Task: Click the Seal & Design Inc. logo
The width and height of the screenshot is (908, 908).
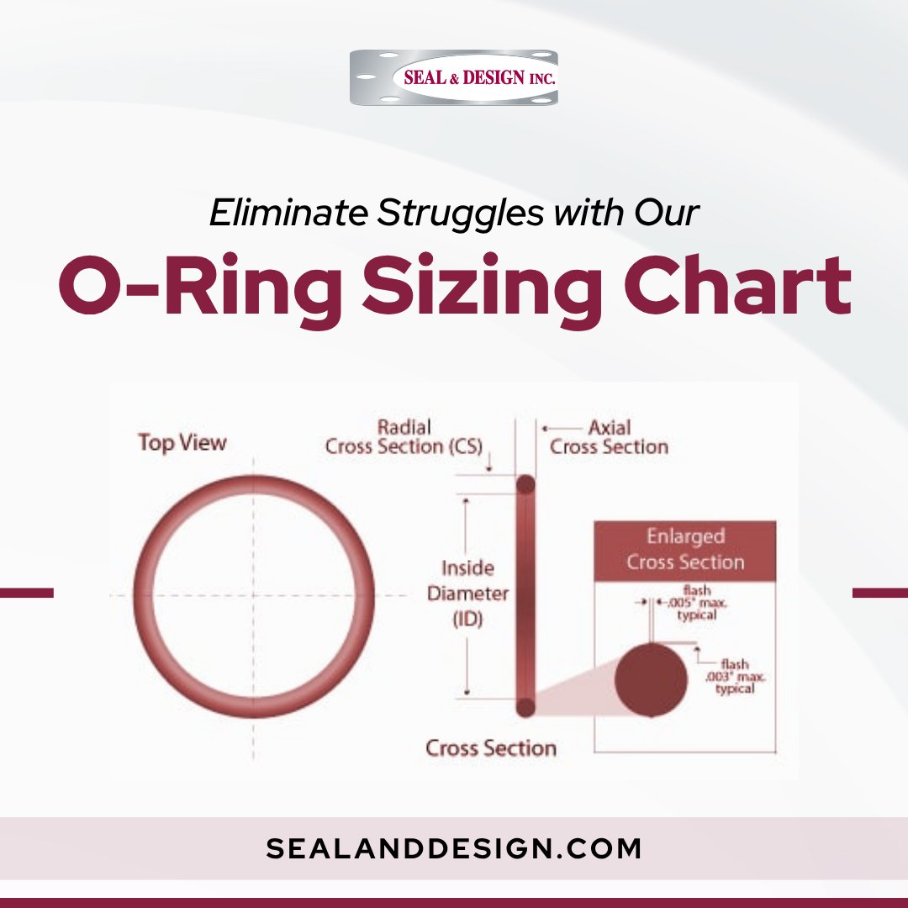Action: [454, 77]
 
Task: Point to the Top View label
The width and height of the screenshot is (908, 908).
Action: [182, 442]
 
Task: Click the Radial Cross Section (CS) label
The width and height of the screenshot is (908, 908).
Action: [404, 437]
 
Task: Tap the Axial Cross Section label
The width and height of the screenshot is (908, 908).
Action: [610, 437]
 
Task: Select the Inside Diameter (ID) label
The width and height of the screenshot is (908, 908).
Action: [467, 594]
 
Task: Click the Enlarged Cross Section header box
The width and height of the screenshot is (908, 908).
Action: [685, 550]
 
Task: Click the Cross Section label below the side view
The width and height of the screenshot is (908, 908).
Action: [491, 747]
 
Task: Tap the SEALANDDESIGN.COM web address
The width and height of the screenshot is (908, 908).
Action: [454, 848]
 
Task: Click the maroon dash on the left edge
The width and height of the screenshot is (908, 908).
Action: [26, 593]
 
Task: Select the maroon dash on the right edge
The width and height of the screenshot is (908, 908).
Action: [880, 593]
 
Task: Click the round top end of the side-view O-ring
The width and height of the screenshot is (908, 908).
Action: [525, 485]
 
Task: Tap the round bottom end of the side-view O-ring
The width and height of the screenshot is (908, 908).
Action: [525, 707]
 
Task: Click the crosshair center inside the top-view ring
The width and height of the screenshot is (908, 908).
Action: [253, 594]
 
